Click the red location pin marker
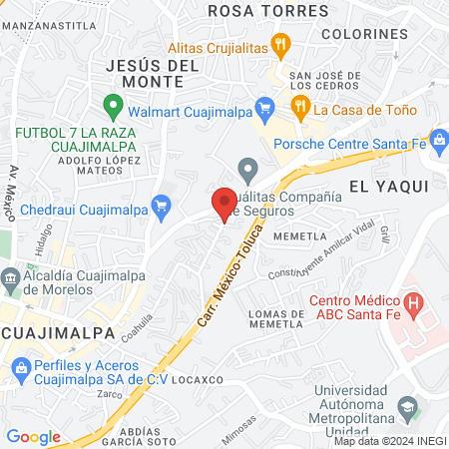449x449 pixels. click(224, 203)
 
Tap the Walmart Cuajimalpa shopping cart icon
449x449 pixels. click(264, 107)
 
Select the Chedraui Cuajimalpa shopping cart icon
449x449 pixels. click(161, 207)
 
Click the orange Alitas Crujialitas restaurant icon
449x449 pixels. click(282, 44)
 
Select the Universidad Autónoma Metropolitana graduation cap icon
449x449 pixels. click(406, 406)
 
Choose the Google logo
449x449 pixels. click(33, 436)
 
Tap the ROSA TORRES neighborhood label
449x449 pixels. click(253, 10)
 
